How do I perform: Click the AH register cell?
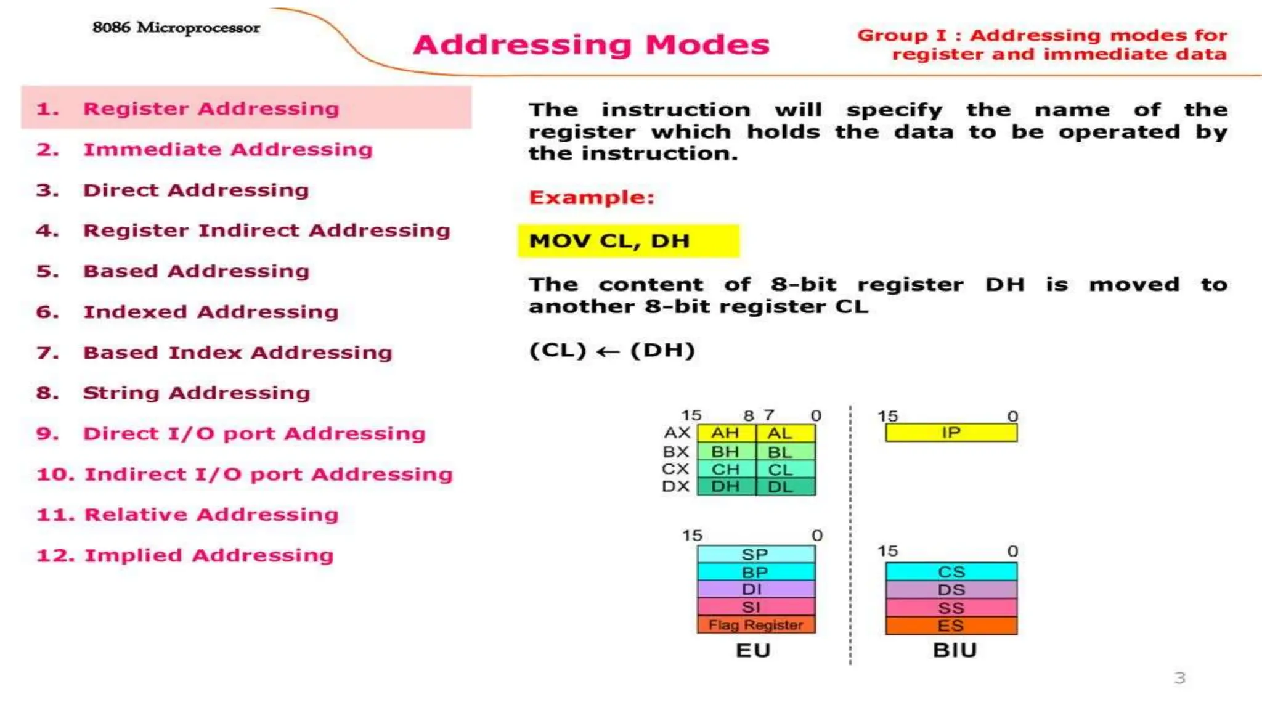726,433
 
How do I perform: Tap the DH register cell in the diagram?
726,487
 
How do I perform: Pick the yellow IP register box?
951,433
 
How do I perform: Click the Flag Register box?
756,625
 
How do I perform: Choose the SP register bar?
756,554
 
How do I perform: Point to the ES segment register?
951,626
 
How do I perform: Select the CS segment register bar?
951,572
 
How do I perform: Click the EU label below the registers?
753,651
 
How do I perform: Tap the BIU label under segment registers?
955,651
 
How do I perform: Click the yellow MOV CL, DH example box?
628,241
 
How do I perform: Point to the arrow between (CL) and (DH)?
608,352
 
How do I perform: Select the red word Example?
592,197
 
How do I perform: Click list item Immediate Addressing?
227,150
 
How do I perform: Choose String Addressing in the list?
196,393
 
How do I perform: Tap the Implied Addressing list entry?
209,555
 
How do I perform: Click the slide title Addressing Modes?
591,44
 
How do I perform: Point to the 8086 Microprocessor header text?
176,28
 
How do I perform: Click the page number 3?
1179,679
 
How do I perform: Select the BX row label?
675,452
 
